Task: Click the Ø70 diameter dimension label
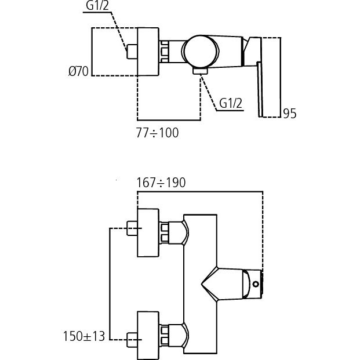click(x=78, y=71)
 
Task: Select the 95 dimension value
click(x=289, y=114)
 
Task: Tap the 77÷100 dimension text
click(x=157, y=133)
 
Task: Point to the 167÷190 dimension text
click(x=161, y=183)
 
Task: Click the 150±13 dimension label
click(x=84, y=336)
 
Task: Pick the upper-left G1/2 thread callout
click(x=97, y=6)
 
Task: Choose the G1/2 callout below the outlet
click(x=231, y=103)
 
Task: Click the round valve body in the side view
click(x=200, y=52)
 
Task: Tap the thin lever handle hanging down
click(x=260, y=89)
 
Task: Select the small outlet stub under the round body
click(x=201, y=71)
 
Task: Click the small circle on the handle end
click(x=256, y=284)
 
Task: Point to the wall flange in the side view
click(x=148, y=52)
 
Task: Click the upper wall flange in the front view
click(x=148, y=232)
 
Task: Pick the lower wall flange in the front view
click(x=148, y=336)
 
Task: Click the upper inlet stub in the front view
click(x=132, y=228)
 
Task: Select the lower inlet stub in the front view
click(x=132, y=339)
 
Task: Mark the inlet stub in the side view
click(x=132, y=52)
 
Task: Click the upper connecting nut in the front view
click(x=165, y=232)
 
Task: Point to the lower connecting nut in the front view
click(x=165, y=335)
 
